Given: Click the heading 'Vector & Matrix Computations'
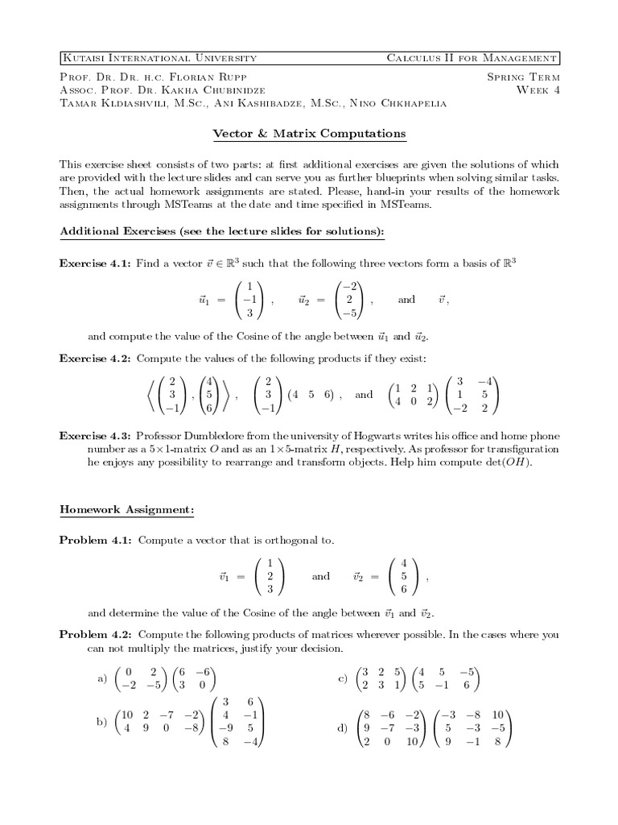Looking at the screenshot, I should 309,133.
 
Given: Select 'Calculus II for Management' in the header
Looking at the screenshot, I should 472,58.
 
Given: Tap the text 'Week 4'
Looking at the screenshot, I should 538,89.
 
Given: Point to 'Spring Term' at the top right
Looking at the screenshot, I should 523,77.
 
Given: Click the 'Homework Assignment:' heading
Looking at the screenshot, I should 126,510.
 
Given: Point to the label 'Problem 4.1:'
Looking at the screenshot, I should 95,541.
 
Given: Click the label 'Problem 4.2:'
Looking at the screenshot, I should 95,635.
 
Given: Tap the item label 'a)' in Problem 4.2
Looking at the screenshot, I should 102,679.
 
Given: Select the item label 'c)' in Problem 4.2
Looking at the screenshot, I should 342,679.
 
